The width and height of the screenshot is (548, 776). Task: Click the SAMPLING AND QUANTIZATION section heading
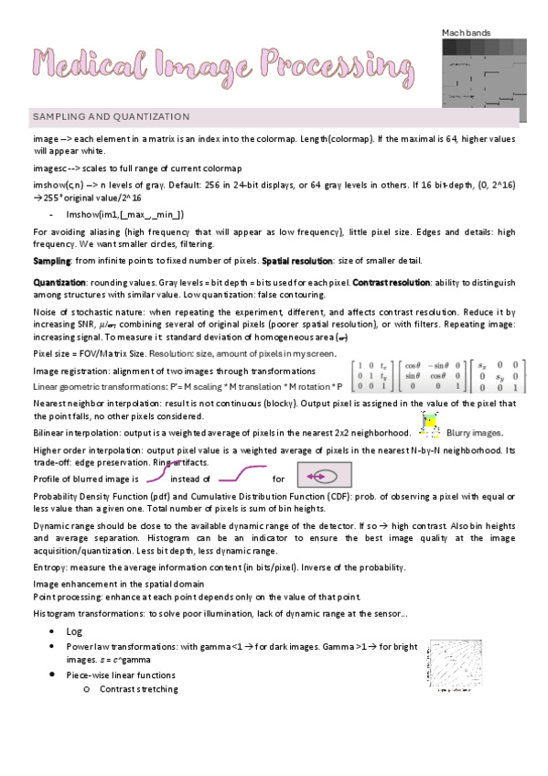pos(111,117)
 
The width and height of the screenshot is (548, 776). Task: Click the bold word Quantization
pos(60,281)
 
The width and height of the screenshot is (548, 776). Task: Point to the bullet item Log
pos(75,632)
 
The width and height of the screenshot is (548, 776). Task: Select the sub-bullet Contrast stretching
pos(139,688)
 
